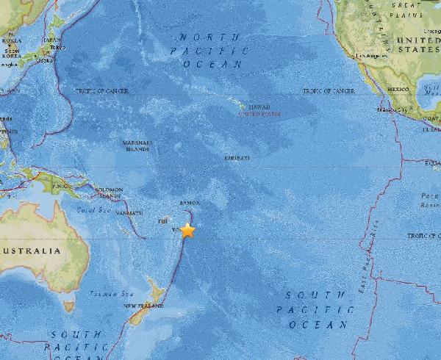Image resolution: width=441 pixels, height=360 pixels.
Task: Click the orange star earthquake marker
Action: coord(188,230)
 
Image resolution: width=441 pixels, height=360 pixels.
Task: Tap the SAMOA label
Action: coord(189,204)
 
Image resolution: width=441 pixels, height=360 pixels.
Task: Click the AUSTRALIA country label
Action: coord(29,251)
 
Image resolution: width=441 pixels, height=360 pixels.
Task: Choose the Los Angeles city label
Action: coord(369,54)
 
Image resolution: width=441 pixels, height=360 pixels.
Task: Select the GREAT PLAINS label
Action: coord(411,8)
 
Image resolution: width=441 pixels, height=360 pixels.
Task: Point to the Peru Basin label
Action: coord(429,201)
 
